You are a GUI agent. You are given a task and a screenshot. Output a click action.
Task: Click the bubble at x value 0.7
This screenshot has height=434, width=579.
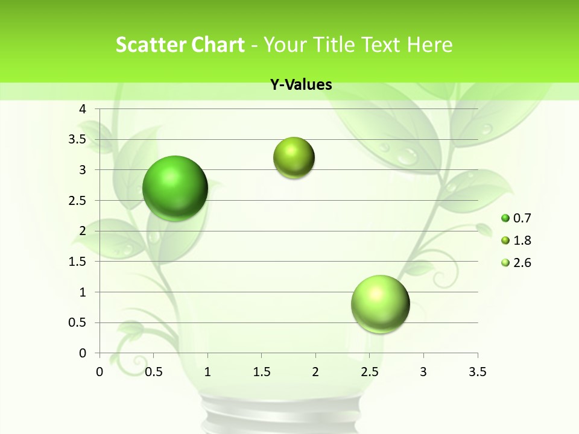[175, 188]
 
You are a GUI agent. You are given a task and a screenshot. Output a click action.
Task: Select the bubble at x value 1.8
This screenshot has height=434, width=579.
[294, 158]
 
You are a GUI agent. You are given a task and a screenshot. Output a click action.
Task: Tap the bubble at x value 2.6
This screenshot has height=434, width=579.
[380, 304]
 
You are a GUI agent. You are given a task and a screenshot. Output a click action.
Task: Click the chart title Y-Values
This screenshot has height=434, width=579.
[301, 85]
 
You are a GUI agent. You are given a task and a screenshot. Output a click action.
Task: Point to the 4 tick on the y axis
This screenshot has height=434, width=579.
[83, 109]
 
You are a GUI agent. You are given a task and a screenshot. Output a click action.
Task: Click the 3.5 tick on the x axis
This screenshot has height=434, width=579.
[477, 372]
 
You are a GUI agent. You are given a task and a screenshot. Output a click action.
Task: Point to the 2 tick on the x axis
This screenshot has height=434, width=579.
[315, 372]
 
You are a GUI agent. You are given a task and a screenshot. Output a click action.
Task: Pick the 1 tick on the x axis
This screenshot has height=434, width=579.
[207, 372]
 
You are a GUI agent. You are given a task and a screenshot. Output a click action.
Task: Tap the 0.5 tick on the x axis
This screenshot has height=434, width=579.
[154, 372]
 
